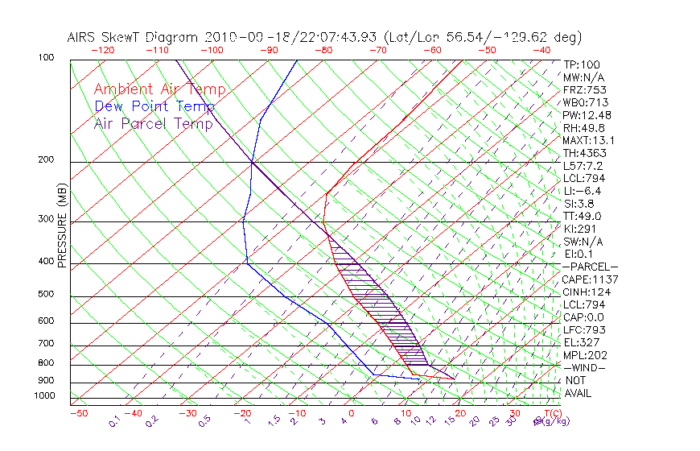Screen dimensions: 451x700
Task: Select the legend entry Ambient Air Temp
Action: coord(159,89)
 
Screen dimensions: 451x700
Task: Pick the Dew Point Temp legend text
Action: coord(154,106)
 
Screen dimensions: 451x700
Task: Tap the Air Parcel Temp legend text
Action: coord(154,123)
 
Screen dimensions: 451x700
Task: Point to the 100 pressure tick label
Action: coord(45,57)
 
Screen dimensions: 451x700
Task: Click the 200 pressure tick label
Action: coord(45,159)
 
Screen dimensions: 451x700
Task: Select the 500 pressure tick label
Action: coord(45,294)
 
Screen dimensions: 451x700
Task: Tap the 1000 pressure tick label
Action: coord(43,395)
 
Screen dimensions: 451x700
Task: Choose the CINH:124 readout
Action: coord(586,292)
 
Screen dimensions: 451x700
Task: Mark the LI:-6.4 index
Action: coord(583,191)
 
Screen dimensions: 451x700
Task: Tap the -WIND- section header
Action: coord(584,367)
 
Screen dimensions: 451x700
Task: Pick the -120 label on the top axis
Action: coord(102,49)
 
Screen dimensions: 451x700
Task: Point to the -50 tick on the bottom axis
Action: coord(78,413)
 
